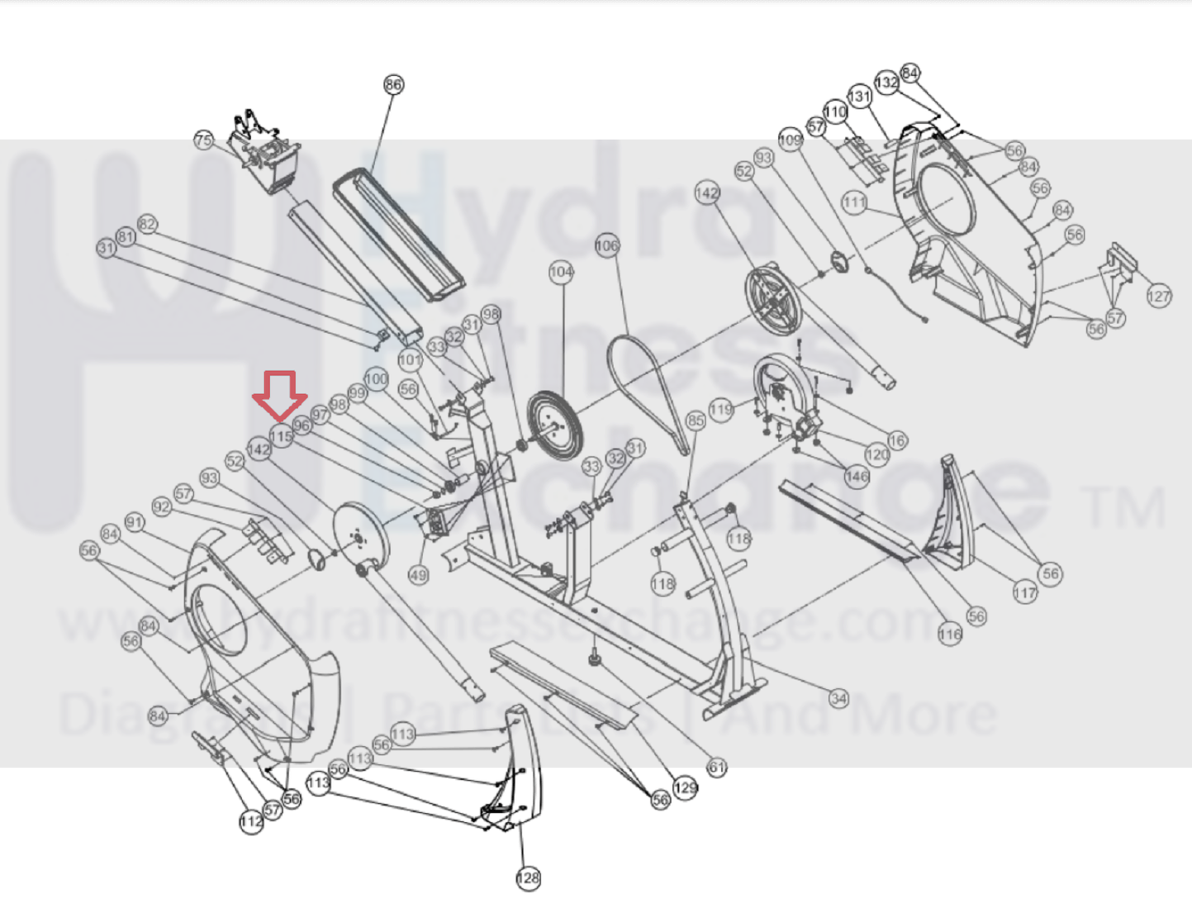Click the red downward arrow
(280, 395)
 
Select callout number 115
(281, 435)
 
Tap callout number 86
(393, 84)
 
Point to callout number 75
(203, 140)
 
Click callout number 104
(561, 271)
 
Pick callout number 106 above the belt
(606, 245)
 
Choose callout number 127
(1159, 296)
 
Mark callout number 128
(528, 878)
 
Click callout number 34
(838, 699)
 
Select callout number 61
(717, 768)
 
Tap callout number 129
(685, 787)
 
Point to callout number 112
(251, 821)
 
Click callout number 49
(418, 575)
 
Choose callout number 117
(1024, 592)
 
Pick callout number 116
(950, 635)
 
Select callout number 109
(790, 140)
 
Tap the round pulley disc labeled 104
(554, 426)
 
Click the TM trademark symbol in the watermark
(1124, 507)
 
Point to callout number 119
(721, 409)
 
